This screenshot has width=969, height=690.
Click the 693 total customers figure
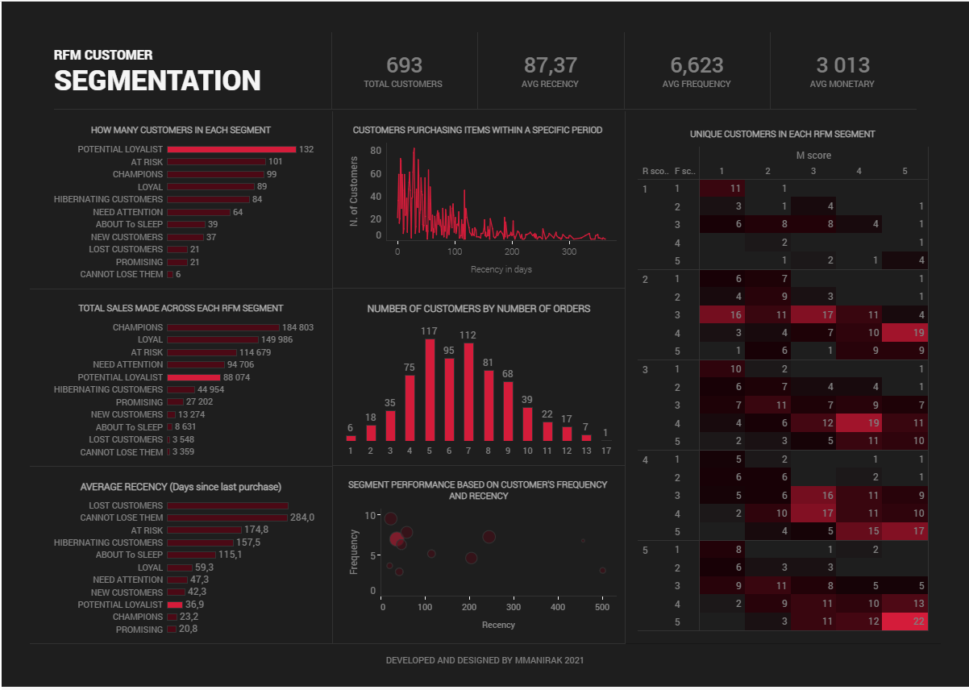click(403, 65)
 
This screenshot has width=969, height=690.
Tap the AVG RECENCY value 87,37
click(550, 65)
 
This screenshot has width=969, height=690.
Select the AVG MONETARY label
click(842, 84)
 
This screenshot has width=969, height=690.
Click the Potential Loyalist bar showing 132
click(231, 149)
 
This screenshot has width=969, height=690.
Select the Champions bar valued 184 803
click(222, 327)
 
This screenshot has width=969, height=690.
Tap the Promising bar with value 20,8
click(172, 630)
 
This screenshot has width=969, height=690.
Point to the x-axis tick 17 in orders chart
click(605, 451)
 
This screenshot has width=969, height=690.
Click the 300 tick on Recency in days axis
click(568, 251)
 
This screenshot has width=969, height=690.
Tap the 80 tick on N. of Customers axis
click(376, 151)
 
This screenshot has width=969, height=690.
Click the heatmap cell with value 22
click(905, 621)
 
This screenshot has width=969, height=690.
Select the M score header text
click(813, 156)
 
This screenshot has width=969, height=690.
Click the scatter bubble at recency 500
click(602, 571)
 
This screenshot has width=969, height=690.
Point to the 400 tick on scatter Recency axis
click(558, 608)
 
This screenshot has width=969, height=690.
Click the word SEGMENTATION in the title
click(157, 81)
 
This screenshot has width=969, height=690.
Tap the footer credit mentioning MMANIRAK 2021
click(484, 660)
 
